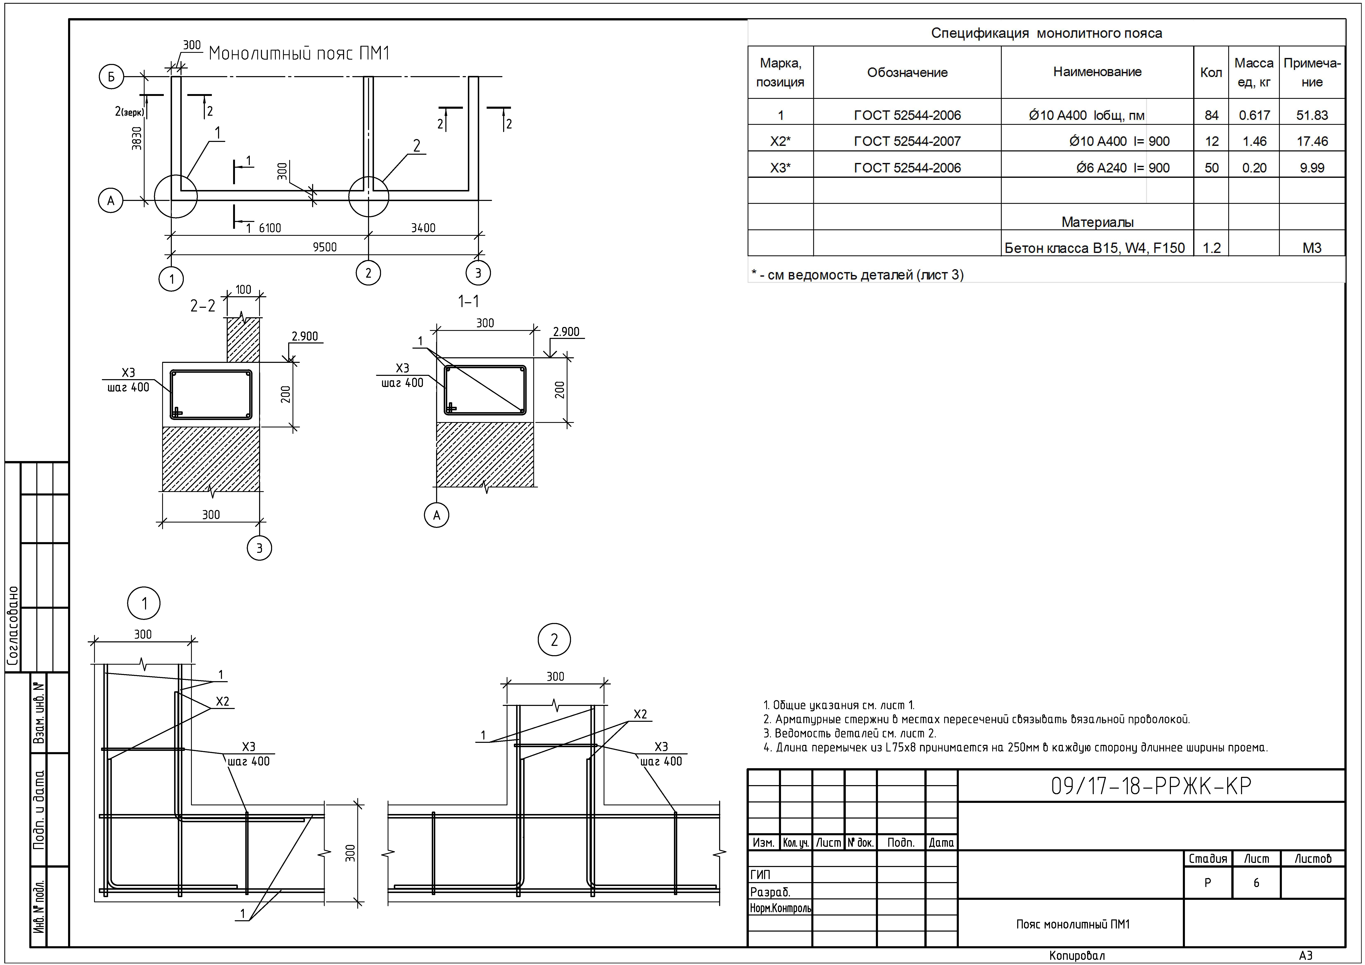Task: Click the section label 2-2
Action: coord(203,306)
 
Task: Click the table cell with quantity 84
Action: coord(1211,115)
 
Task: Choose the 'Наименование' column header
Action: coord(1097,72)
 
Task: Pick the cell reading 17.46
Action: coord(1312,142)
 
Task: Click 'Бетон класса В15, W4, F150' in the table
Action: coord(1095,248)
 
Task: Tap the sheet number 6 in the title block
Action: coord(1256,883)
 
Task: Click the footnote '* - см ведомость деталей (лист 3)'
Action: coord(857,275)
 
